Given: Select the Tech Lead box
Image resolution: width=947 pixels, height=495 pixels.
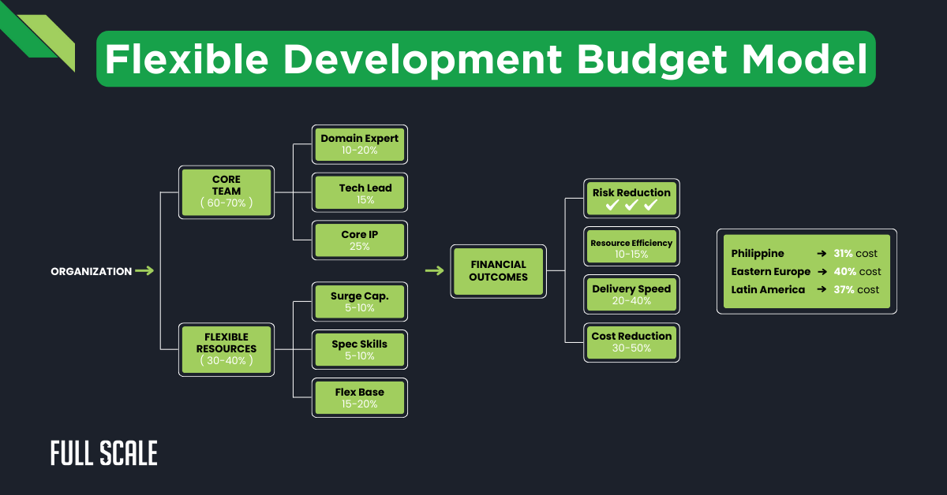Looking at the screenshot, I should pos(360,193).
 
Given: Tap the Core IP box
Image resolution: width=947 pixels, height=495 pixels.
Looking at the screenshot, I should pos(360,240).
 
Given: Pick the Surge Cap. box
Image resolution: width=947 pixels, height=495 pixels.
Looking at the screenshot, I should pos(360,302).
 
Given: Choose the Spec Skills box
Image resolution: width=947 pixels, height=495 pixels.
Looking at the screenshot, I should pos(360,349).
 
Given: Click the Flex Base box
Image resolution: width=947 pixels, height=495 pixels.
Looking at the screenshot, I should pos(360,398).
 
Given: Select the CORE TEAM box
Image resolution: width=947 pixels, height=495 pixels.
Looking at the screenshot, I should pos(226,192).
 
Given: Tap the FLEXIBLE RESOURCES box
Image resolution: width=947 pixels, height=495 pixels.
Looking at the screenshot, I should pos(226,349).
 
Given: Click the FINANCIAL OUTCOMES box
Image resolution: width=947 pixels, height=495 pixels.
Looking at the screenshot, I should pos(498,271).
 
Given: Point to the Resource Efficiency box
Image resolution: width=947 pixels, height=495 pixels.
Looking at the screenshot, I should pos(631,247).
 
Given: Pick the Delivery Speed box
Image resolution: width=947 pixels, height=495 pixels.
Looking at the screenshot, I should pos(631,294).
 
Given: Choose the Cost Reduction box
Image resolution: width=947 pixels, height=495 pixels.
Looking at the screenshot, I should pos(631,341).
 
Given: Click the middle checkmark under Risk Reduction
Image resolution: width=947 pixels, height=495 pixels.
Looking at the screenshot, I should pos(631,206).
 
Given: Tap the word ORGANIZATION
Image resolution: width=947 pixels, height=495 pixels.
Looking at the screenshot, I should pos(92,272).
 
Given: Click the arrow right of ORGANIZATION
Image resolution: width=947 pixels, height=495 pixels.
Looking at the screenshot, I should pos(144,271).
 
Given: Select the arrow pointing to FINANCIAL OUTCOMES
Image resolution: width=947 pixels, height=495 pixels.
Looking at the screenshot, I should pos(435,271).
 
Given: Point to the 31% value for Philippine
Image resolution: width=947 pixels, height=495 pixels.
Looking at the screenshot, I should pos(844,254).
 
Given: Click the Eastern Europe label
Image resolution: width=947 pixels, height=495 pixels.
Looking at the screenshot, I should pos(770,272).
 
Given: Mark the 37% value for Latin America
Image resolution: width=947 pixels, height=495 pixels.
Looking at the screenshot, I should pos(844,290).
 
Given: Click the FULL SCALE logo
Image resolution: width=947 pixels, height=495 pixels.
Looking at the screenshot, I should pos(104,453).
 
